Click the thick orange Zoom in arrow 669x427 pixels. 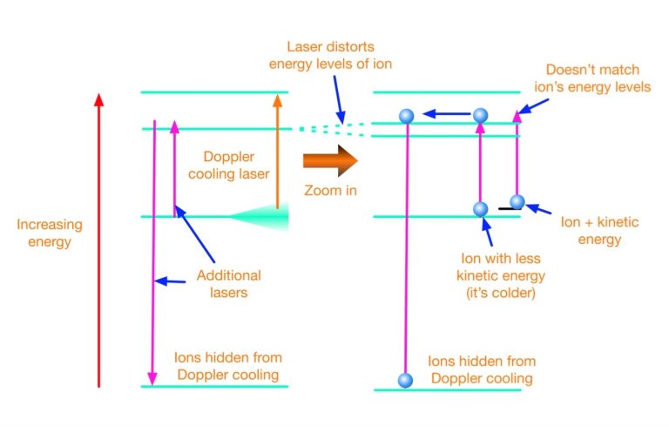click(x=330, y=161)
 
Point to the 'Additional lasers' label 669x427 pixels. click(x=229, y=284)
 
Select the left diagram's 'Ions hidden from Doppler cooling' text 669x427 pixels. click(x=228, y=366)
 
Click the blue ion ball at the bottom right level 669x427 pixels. click(x=404, y=380)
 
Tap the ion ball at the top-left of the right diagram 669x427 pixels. click(x=404, y=116)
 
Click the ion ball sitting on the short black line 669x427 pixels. click(x=517, y=202)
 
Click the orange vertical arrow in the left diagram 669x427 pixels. click(x=277, y=152)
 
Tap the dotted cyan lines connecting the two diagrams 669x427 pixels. click(x=331, y=129)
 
